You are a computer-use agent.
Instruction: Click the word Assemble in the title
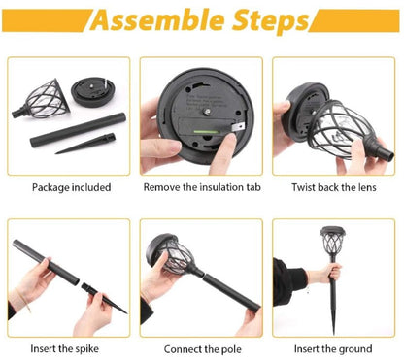click(156, 20)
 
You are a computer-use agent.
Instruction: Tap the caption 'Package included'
click(71, 187)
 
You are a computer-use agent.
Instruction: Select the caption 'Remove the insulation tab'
click(202, 187)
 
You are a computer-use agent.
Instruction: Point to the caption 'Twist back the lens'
click(334, 187)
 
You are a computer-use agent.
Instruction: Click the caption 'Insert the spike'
click(64, 349)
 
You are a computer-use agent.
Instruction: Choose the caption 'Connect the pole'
click(202, 349)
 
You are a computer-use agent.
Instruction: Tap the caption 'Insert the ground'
click(333, 349)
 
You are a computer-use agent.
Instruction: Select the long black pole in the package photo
click(78, 130)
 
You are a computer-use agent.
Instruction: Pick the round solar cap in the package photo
click(93, 91)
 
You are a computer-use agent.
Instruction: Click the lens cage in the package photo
click(42, 99)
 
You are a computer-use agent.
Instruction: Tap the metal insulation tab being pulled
click(239, 126)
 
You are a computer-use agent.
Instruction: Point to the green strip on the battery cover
click(206, 132)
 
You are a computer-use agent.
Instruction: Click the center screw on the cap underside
click(206, 112)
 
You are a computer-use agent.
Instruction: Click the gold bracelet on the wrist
click(23, 300)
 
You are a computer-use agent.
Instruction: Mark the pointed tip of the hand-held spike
click(126, 312)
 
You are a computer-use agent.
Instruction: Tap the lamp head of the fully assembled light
click(332, 241)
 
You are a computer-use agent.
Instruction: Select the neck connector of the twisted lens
click(384, 152)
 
